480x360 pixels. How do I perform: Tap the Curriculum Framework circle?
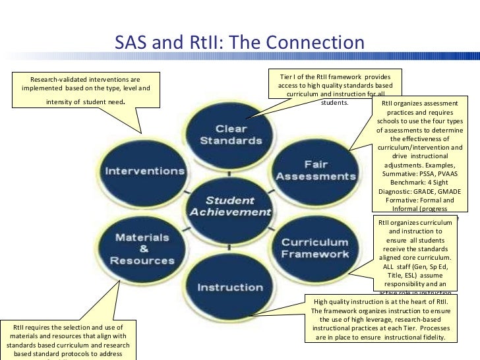click(315, 249)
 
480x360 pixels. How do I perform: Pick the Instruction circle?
click(229, 287)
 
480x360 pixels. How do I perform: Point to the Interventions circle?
click(144, 171)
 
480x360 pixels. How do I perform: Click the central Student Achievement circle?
click(230, 206)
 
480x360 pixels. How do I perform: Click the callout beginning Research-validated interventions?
click(86, 90)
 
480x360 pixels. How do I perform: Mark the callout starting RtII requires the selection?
click(69, 340)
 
